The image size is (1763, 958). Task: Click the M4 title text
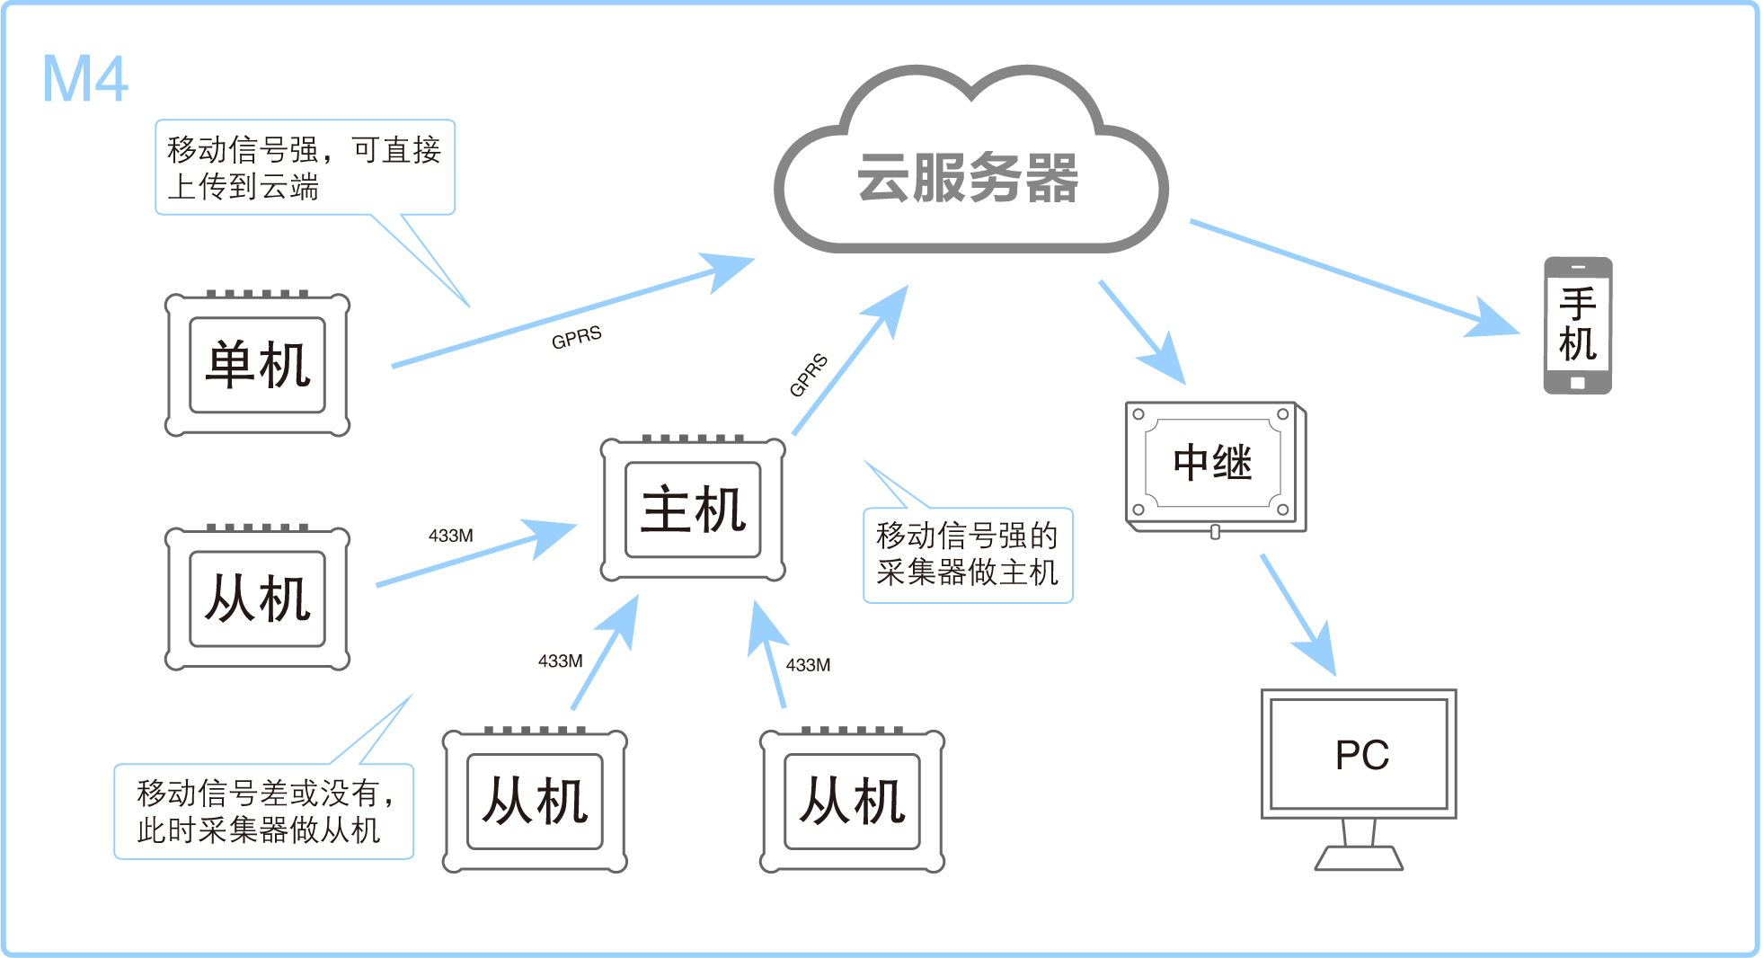pyautogui.click(x=85, y=79)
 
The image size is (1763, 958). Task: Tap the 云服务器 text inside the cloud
pyautogui.click(x=968, y=177)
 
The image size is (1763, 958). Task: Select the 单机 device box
pyautogui.click(x=258, y=365)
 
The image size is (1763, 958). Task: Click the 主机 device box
pyautogui.click(x=693, y=510)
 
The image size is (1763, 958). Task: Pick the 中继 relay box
pyautogui.click(x=1212, y=463)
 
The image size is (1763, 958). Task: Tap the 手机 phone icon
pyautogui.click(x=1577, y=324)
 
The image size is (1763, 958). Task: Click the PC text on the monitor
pyautogui.click(x=1361, y=755)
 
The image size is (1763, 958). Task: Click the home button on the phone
pyautogui.click(x=1577, y=384)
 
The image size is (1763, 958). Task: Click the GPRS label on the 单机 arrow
pyautogui.click(x=577, y=338)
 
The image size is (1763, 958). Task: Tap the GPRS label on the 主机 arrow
pyautogui.click(x=808, y=375)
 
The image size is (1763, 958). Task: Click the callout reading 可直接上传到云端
pyautogui.click(x=305, y=167)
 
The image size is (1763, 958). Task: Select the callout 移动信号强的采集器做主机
pyautogui.click(x=968, y=554)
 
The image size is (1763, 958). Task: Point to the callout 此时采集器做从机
pyautogui.click(x=263, y=812)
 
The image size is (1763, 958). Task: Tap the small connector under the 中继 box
pyautogui.click(x=1215, y=532)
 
